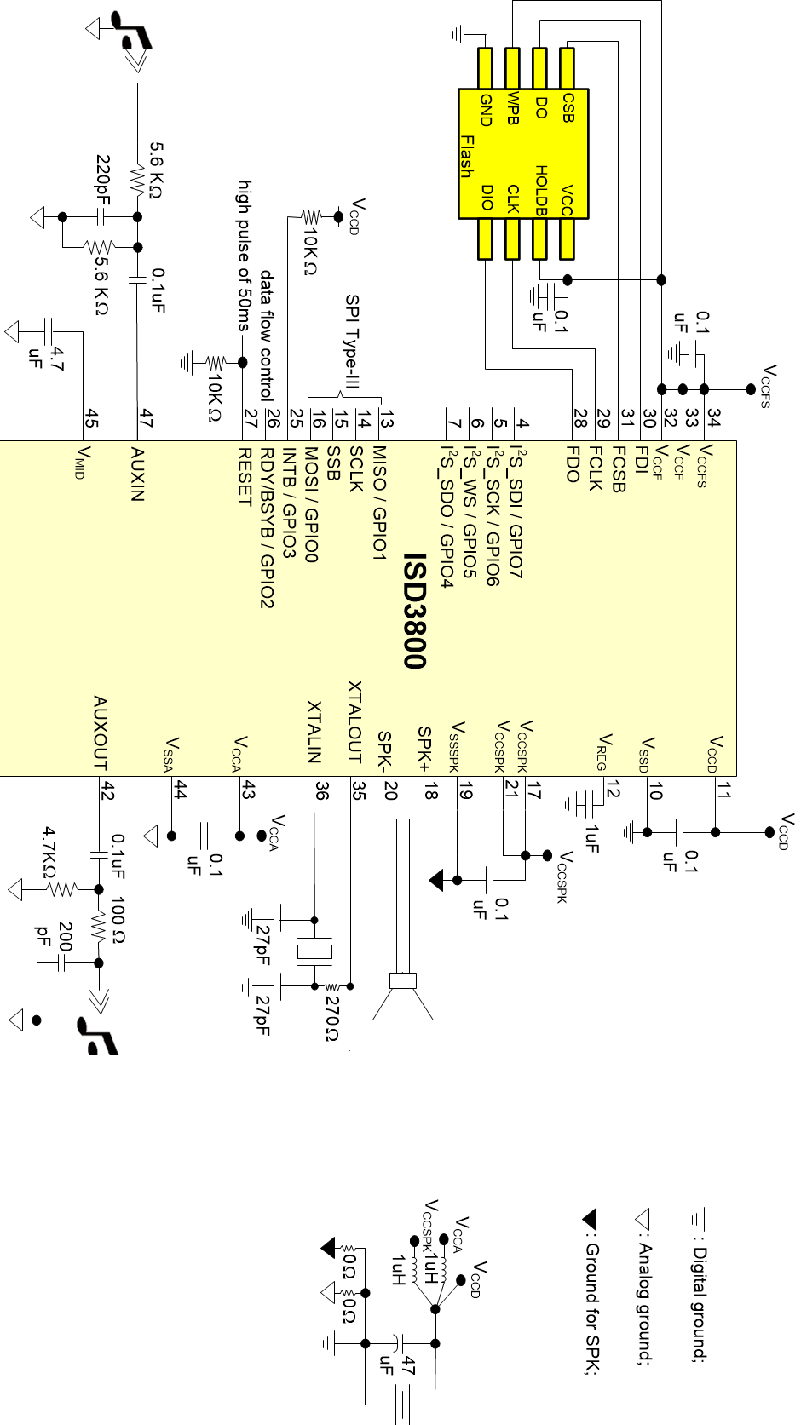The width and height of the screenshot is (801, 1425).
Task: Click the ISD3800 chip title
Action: tap(414, 611)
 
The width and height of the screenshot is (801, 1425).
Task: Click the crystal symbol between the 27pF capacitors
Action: tap(314, 952)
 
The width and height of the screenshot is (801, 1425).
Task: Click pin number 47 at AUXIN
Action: tap(147, 418)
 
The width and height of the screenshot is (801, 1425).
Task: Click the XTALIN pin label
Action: tap(314, 731)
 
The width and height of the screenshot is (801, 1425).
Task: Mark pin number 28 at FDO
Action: tap(579, 418)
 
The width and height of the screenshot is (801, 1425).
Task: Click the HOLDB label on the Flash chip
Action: tap(541, 189)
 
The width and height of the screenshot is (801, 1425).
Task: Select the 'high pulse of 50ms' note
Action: tap(245, 256)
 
